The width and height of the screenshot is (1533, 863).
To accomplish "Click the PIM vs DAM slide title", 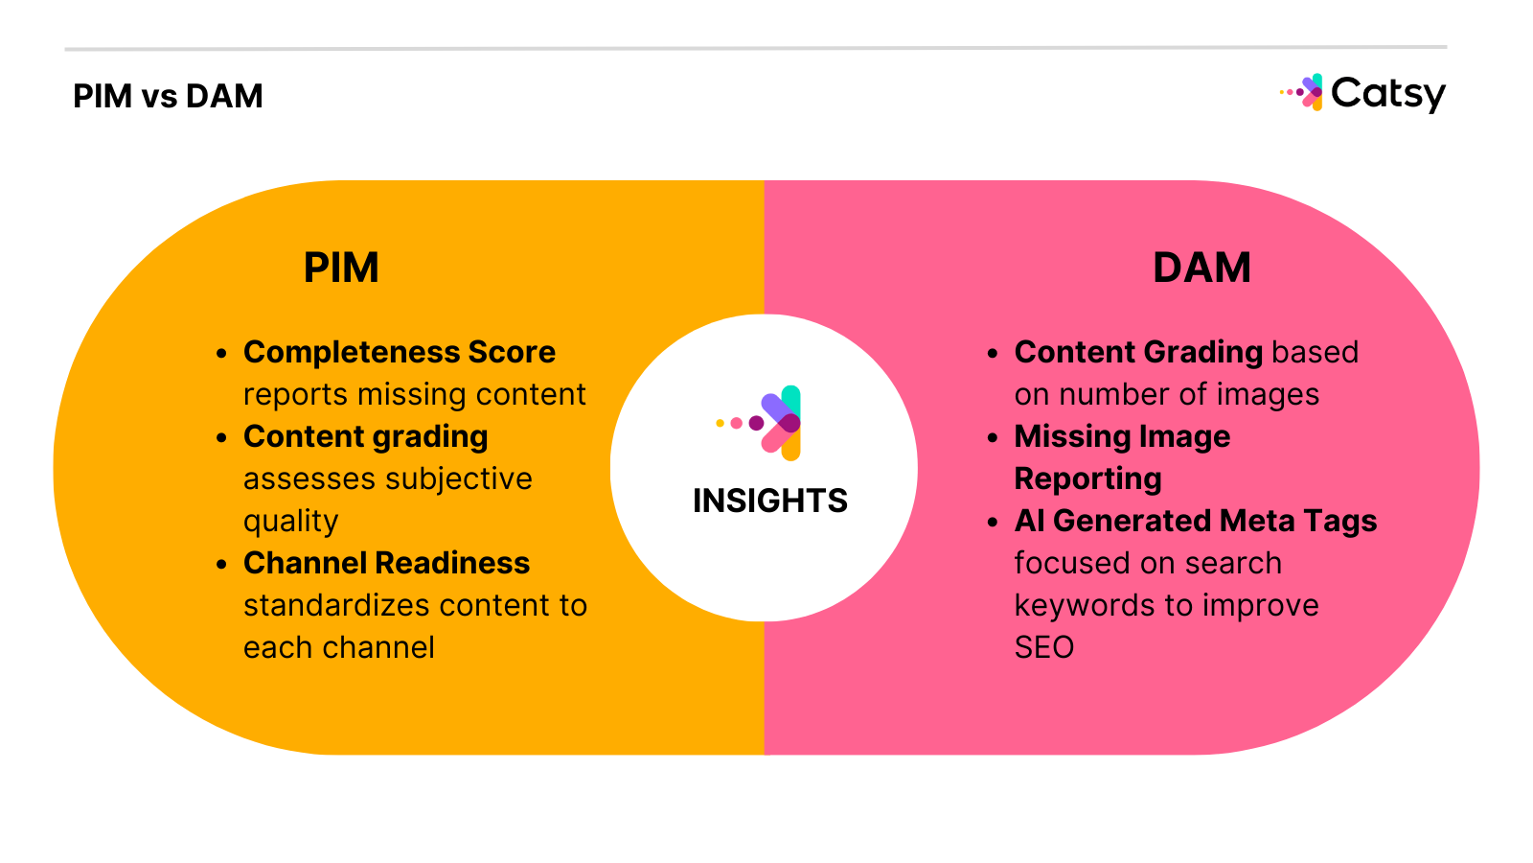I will click(168, 96).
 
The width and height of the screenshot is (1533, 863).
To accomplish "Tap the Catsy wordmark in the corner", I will click(1387, 94).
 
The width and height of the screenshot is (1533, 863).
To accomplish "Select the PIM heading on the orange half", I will click(341, 268).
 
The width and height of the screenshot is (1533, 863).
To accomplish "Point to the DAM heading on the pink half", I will click(1201, 268).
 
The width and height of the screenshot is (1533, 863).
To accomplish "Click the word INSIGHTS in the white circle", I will click(769, 501).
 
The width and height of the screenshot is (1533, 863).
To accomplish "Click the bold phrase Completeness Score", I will click(400, 352).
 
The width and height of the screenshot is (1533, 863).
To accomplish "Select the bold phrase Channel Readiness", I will click(386, 563).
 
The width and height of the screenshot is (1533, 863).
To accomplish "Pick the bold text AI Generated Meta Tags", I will click(1196, 521).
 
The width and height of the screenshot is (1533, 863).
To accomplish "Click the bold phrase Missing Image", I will click(1122, 436).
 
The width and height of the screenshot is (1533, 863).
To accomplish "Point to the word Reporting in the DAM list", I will click(1087, 478).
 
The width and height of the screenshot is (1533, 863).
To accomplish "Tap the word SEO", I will click(1043, 647).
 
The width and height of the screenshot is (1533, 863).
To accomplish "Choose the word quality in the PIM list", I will click(290, 522).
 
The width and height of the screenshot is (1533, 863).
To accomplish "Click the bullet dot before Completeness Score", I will click(221, 354).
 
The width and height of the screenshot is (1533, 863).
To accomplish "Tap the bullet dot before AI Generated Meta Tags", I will click(993, 523).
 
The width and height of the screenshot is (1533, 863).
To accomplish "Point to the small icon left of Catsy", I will click(1303, 93).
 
